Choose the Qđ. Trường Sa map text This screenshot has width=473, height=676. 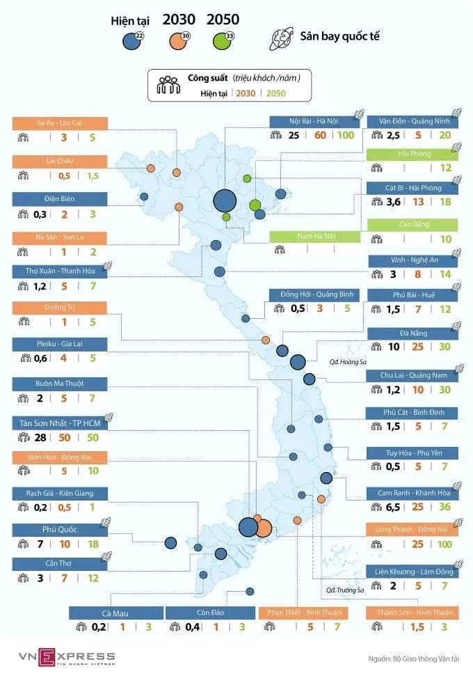pos(345,590)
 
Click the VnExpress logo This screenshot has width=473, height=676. pos(67,657)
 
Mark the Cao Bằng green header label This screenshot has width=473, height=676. pos(412,224)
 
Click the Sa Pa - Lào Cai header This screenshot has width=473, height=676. pos(59,123)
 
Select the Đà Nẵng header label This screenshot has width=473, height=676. pos(412,333)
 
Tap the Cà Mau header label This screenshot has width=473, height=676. pos(115,613)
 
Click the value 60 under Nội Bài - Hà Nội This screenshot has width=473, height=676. pos(321,135)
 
